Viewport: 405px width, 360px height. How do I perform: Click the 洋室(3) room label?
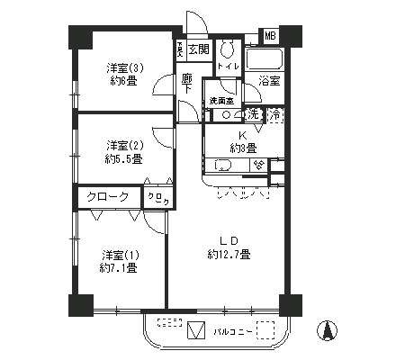click(x=123, y=67)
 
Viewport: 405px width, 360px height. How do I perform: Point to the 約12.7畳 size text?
click(x=229, y=256)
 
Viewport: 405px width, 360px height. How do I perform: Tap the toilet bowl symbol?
click(x=227, y=49)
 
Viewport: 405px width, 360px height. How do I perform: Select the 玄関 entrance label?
click(x=199, y=49)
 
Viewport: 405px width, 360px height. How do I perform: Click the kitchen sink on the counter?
click(x=220, y=166)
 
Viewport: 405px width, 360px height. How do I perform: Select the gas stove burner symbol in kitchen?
click(x=257, y=165)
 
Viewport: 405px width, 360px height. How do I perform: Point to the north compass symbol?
click(x=329, y=330)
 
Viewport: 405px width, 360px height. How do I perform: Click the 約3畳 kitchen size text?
click(x=243, y=148)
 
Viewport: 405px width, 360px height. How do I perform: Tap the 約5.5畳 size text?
click(x=123, y=158)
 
